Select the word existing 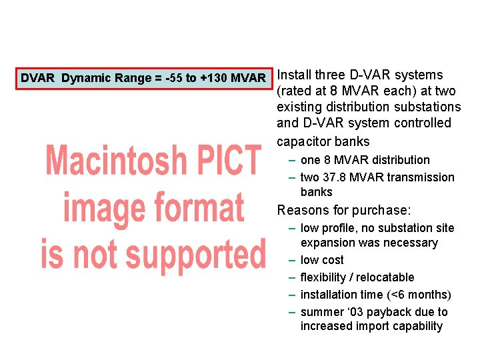click(x=299, y=107)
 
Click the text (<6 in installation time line click(x=394, y=295)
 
